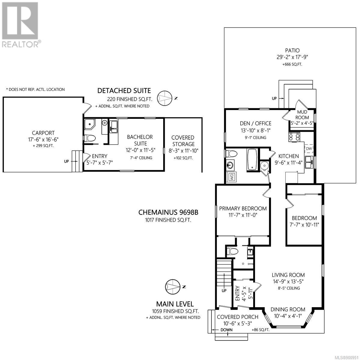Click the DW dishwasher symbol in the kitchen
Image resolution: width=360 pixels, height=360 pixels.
coord(309,148)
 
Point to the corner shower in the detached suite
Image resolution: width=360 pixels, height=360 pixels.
coord(90,124)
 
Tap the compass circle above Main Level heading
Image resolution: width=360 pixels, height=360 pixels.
coord(172,287)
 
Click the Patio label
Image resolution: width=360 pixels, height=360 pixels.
coord(292,50)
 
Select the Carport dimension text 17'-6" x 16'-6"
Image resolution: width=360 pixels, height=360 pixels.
coord(43,139)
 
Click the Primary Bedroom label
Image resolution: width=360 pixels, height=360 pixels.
coord(243,208)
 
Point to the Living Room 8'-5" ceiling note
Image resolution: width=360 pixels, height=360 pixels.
coord(289,288)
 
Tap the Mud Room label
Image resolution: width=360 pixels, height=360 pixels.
coord(302,115)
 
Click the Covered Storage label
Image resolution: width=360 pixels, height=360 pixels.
coord(183,141)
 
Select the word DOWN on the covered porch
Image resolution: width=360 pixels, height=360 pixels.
coord(226,335)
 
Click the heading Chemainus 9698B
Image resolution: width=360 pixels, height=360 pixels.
coord(168,212)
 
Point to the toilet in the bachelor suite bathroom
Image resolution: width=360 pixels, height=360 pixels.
coord(90,138)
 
